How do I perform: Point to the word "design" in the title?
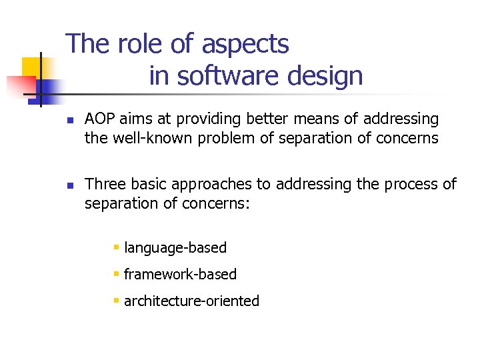[x=325, y=76]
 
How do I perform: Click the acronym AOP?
[x=99, y=119]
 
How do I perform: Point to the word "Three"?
[x=103, y=184]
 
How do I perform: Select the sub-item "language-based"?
[x=175, y=248]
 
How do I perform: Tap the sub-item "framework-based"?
[x=180, y=275]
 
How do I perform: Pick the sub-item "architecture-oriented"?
[x=191, y=301]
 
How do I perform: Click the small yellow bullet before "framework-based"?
[x=116, y=274]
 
